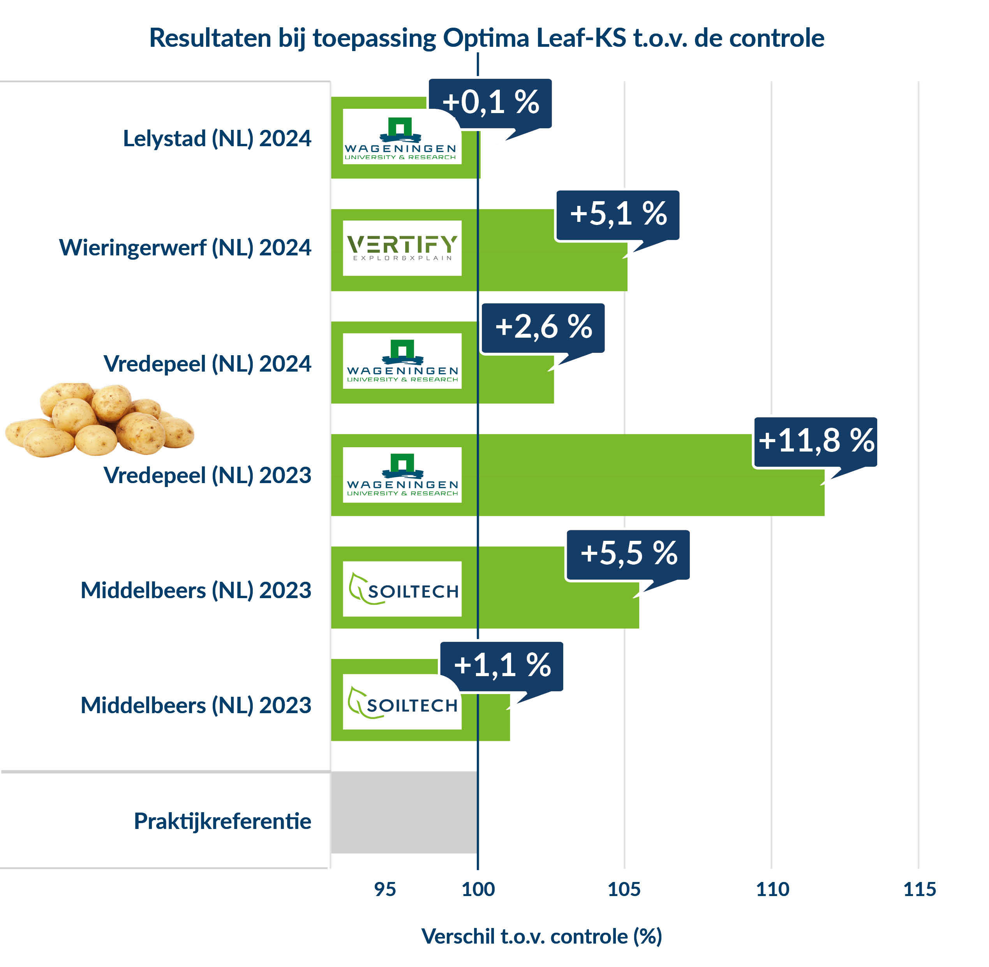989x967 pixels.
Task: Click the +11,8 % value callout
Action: (x=815, y=441)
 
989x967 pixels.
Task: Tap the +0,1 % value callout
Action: (x=490, y=103)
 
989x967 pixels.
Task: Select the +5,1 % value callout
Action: (x=617, y=214)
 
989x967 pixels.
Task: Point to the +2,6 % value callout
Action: (x=543, y=327)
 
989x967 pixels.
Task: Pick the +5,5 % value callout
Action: (x=628, y=554)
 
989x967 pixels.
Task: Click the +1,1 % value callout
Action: (x=501, y=665)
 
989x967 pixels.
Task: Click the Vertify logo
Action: (x=402, y=248)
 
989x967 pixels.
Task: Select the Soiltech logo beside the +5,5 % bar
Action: (x=402, y=589)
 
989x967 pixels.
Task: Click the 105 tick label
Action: (x=624, y=889)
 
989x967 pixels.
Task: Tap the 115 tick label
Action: (x=919, y=889)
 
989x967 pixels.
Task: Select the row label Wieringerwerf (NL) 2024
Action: (x=185, y=248)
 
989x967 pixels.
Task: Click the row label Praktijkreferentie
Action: (x=222, y=821)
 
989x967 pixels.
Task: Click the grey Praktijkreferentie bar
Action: (x=404, y=812)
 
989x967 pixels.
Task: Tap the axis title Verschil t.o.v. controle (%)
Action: (x=541, y=937)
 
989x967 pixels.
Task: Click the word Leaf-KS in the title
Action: (x=581, y=38)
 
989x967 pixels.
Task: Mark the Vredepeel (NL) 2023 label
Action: (x=207, y=476)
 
